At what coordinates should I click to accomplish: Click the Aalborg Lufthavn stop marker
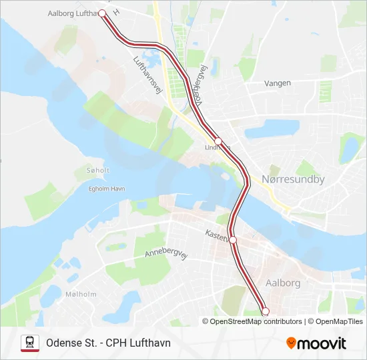(102, 13)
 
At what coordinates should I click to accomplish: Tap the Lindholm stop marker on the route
(218, 140)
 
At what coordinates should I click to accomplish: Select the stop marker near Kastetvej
(233, 240)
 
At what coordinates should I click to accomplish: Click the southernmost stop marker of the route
(265, 311)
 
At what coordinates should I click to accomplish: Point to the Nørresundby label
(293, 179)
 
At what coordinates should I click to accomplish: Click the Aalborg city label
(283, 283)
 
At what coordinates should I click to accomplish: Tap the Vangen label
(277, 83)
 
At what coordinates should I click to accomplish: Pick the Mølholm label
(81, 294)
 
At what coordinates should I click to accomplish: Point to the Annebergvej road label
(163, 249)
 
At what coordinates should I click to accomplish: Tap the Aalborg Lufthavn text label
(72, 13)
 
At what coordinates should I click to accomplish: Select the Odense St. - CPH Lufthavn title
(108, 343)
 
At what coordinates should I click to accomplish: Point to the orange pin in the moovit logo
(291, 343)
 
